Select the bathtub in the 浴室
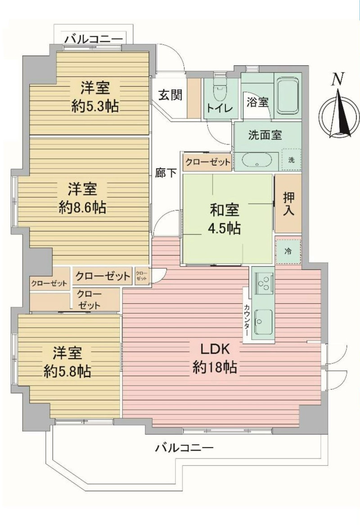coord(288,95)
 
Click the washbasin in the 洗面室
coord(256,162)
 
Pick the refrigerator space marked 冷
coord(288,251)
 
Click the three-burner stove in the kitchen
coord(264,282)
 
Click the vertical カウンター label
coord(247,320)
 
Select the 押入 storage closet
coord(288,204)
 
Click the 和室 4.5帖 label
coord(225,219)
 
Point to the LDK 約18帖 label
coord(215,358)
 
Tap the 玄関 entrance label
coord(170,95)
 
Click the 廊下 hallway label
coord(166,173)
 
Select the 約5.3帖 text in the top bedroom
coord(95,107)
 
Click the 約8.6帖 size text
coord(82,208)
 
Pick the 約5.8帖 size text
coord(67,372)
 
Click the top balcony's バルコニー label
coord(94,39)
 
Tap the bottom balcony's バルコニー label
coord(184,447)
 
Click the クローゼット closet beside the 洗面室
coord(207,162)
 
